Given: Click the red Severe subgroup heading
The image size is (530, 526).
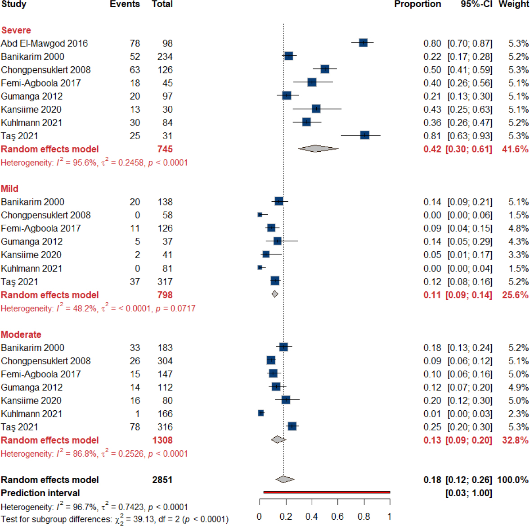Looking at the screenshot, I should point(16,30).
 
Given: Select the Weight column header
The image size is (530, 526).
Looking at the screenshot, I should point(514,5).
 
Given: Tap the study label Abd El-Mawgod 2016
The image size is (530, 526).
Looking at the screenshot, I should point(44,44).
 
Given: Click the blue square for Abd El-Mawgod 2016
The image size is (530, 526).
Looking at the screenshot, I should point(363,43).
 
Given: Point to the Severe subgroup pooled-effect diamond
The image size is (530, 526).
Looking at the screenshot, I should point(318,149).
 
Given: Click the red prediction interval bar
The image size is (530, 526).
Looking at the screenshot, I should point(327,492).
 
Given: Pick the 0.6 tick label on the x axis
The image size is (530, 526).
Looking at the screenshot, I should point(337,517).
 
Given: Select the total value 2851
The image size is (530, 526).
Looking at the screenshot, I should point(162,480).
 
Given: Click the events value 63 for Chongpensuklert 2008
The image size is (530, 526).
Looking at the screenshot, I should point(135,70).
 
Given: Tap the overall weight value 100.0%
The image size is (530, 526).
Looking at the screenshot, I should point(512,480).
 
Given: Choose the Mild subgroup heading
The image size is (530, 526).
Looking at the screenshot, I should point(9,189).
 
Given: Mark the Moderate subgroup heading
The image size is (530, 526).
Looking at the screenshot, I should point(21,335).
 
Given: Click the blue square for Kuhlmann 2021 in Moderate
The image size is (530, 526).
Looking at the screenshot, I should point(261,413).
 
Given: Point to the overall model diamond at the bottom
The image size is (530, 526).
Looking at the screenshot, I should point(285,479).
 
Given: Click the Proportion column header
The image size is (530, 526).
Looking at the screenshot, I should point(417,5).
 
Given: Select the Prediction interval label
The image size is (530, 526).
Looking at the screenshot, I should point(40,493).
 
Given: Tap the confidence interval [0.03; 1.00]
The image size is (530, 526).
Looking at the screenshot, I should point(468,493).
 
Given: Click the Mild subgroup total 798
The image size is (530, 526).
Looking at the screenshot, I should point(165,295).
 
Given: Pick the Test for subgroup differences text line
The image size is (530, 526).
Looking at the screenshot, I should point(114,519).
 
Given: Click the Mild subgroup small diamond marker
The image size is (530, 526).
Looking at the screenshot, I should point(275,294).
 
